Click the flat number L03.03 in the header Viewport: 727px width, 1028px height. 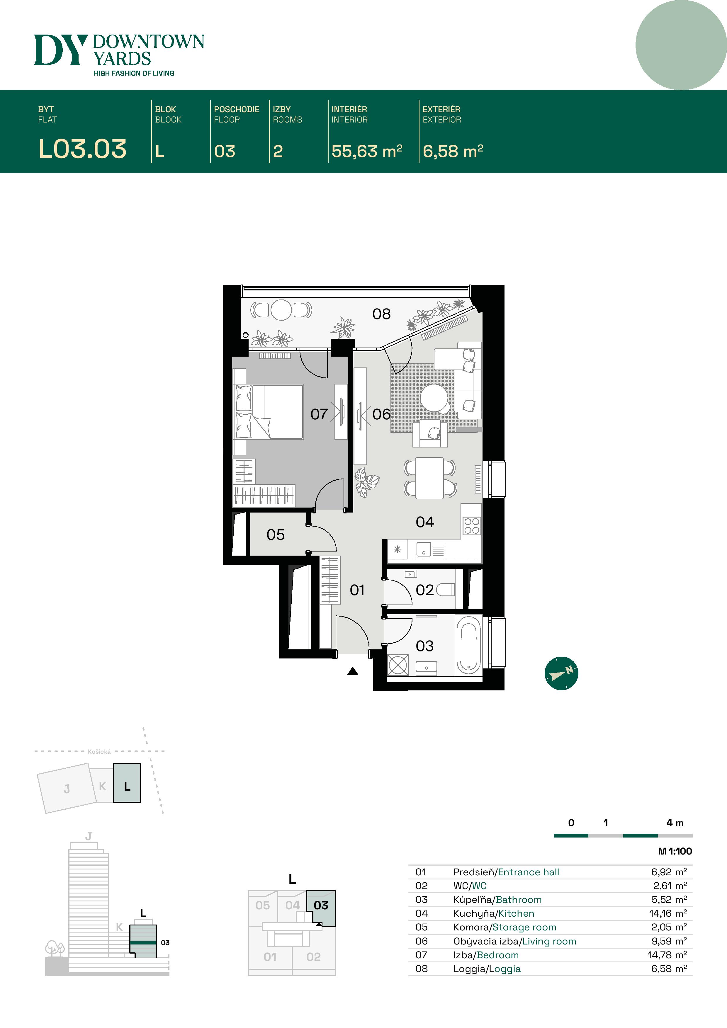pyautogui.click(x=82, y=149)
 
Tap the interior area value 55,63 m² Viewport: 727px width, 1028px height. pyautogui.click(x=366, y=151)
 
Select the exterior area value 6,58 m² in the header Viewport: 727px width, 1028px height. pyautogui.click(x=452, y=151)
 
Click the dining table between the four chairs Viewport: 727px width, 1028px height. pyautogui.click(x=429, y=478)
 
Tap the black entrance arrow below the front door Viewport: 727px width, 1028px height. pyautogui.click(x=353, y=671)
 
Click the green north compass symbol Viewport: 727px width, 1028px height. pyautogui.click(x=561, y=673)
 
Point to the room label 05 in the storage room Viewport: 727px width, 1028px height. pyautogui.click(x=276, y=535)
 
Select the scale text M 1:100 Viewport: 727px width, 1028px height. pyautogui.click(x=675, y=851)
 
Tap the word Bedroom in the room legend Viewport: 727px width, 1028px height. pyautogui.click(x=498, y=955)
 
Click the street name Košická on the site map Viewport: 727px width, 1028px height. pyautogui.click(x=99, y=752)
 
